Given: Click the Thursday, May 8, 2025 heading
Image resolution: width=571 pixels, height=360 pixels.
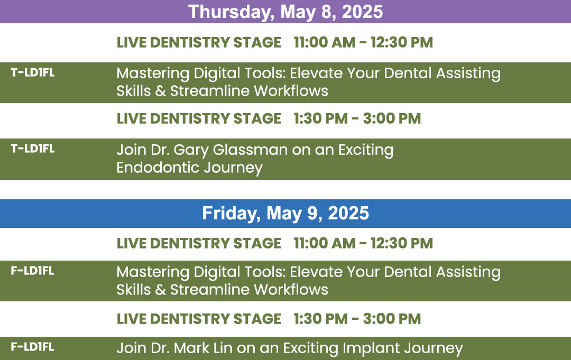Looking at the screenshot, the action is click(285, 12).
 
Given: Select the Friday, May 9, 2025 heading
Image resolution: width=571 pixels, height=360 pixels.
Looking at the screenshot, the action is click(285, 214).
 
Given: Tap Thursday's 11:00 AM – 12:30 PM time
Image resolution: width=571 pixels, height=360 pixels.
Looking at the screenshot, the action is click(363, 42).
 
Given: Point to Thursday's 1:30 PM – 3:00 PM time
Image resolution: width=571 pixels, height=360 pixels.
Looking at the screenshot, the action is click(357, 118).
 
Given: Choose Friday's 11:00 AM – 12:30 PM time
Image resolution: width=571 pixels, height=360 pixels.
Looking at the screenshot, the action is click(363, 243).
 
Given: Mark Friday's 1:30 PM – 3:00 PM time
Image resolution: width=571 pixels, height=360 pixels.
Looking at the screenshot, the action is click(357, 319).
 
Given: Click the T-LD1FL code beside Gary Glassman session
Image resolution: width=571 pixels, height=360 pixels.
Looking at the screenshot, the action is click(33, 149).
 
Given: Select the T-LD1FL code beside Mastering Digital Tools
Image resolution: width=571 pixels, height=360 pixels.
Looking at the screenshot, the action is click(33, 72).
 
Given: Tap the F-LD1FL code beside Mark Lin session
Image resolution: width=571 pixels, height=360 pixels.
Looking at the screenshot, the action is click(32, 347).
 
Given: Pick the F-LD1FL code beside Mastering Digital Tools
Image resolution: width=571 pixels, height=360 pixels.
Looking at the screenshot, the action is click(32, 271).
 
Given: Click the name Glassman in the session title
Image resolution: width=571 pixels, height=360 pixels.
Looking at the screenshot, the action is click(250, 150).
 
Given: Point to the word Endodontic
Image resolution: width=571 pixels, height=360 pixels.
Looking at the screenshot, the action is click(158, 168).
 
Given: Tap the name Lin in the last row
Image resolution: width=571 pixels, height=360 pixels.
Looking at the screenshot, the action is click(223, 348).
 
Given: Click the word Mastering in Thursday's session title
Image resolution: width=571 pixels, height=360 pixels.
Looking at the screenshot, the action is click(153, 73).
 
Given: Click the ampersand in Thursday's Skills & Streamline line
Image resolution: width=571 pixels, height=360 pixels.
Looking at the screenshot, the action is click(160, 91).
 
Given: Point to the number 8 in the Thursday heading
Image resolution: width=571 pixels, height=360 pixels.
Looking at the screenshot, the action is click(326, 12).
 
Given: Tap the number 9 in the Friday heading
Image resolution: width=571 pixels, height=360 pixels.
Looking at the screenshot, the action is click(313, 214).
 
